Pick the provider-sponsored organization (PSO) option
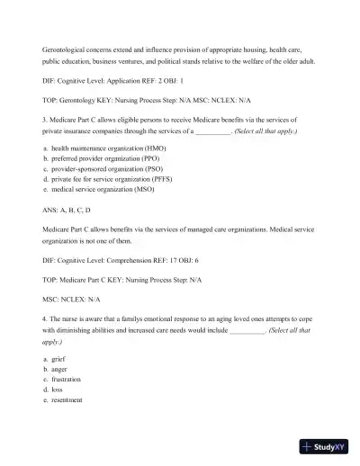(x=109, y=168)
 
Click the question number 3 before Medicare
(x=45, y=119)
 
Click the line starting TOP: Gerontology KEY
(x=135, y=100)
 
